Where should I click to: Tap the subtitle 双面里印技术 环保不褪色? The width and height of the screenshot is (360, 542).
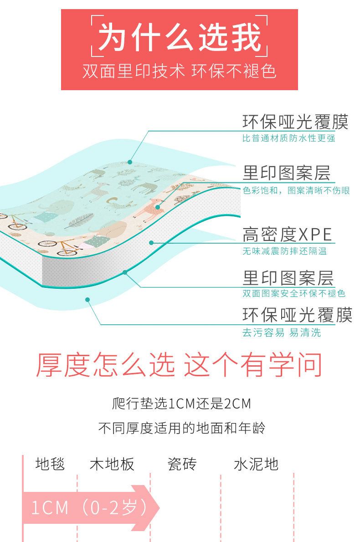pos(180,72)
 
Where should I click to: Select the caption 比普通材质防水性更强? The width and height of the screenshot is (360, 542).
pos(288,138)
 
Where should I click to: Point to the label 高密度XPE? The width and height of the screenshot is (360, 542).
pos(287,235)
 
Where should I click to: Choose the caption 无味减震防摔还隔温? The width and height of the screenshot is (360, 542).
pos(284,251)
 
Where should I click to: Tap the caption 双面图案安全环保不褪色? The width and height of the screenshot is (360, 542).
pos(293,294)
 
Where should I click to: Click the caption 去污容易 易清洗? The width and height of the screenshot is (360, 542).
pos(281,333)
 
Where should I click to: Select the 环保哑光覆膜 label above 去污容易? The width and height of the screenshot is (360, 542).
pos(297,315)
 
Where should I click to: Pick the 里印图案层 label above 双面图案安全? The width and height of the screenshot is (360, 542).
pos(288,278)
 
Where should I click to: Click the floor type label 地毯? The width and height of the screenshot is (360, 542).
pos(50,464)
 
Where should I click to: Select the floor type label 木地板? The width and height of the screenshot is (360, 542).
pos(112,464)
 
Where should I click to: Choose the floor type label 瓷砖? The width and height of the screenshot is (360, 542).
pos(182,464)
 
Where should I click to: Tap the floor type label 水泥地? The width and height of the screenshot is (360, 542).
pos(256,464)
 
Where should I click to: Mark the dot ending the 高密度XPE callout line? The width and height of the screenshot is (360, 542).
pos(151,243)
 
